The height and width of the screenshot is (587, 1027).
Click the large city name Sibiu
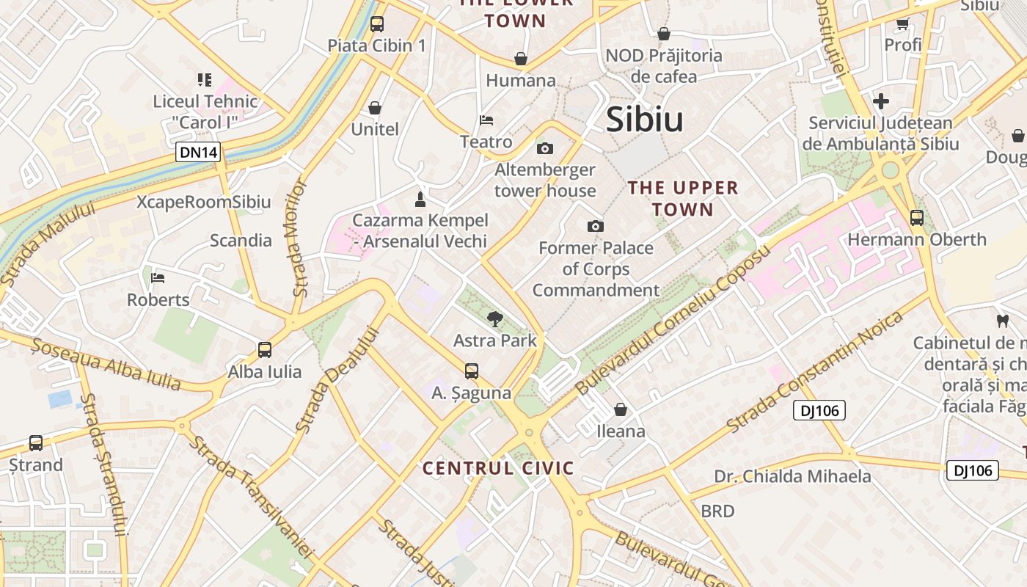645,120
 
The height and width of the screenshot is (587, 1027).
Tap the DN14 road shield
199,153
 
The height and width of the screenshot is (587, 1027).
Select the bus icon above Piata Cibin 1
377,23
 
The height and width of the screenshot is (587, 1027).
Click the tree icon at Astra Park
495,318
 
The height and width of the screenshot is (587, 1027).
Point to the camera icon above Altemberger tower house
544,149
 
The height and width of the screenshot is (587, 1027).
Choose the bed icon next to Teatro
486,120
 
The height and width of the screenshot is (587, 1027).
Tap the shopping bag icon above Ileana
621,409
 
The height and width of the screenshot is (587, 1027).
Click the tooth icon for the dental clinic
1002,321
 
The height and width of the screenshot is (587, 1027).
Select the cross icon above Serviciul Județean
881,101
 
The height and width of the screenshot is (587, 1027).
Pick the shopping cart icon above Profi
903,23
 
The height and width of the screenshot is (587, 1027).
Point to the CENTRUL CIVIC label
498,468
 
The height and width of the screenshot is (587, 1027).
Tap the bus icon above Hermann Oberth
917,217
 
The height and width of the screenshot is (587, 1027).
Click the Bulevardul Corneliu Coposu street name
674,320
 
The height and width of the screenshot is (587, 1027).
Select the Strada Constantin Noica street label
814,372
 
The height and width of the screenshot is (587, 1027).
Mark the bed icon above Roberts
158,277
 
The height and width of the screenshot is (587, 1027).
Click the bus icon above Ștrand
36,442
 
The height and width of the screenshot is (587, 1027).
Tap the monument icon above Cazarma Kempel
420,198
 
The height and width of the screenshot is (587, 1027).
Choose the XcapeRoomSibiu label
204,202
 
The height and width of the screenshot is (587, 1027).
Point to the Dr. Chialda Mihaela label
792,476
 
